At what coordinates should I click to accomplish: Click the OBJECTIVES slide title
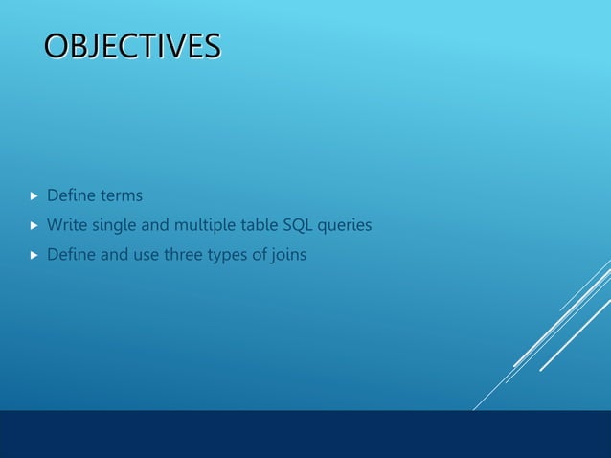tap(131, 45)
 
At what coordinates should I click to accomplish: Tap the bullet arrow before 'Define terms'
tap(34, 196)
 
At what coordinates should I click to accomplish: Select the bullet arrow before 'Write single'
tap(34, 226)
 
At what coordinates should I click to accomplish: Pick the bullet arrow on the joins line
tap(34, 256)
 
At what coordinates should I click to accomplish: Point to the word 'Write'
tap(66, 225)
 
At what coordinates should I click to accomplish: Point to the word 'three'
tap(177, 255)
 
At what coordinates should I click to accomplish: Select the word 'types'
tap(227, 256)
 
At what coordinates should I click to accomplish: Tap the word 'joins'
tap(287, 255)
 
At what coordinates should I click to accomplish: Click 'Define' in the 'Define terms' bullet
tap(71, 195)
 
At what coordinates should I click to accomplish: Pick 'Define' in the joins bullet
tap(71, 255)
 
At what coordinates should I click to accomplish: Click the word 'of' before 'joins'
tap(259, 255)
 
